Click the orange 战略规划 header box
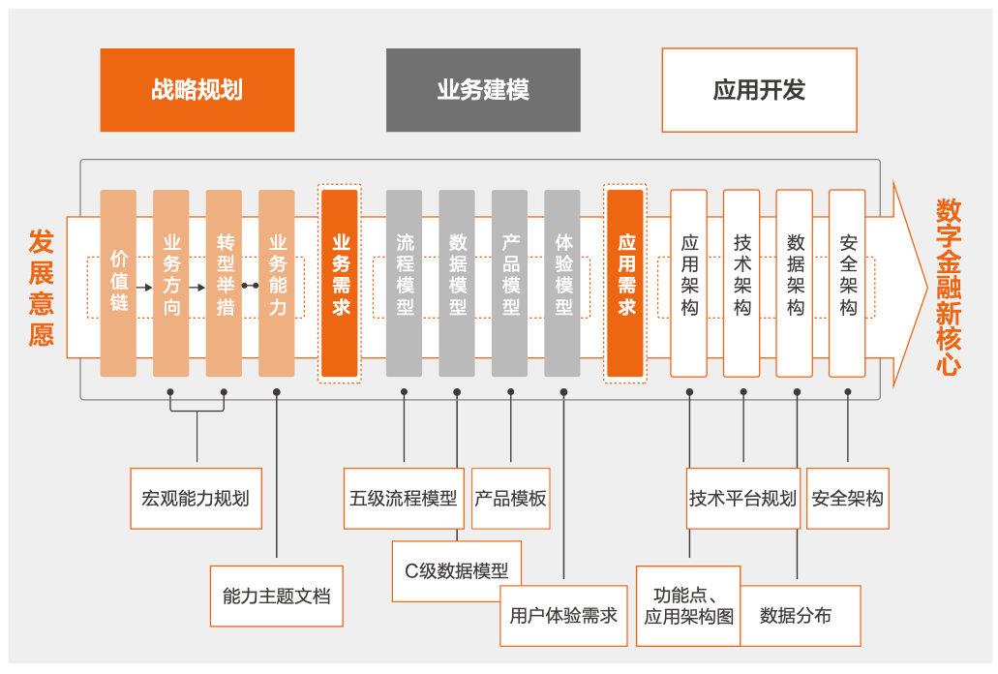(x=197, y=90)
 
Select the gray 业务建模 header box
(x=483, y=90)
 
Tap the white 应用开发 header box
(x=759, y=90)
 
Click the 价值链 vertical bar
(x=118, y=283)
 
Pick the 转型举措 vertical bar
(x=224, y=283)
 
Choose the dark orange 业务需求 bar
(x=340, y=283)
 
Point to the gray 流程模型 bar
(x=404, y=283)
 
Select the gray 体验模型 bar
(x=562, y=283)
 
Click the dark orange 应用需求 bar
(x=625, y=283)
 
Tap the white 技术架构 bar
(x=741, y=283)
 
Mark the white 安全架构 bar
(x=847, y=283)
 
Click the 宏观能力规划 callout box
(x=196, y=499)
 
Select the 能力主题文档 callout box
(x=276, y=596)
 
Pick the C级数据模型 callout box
(x=456, y=571)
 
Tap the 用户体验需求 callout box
(x=563, y=615)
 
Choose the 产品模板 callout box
(x=510, y=499)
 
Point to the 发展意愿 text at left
(x=41, y=288)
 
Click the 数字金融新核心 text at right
(x=949, y=287)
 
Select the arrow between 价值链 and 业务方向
(x=144, y=287)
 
